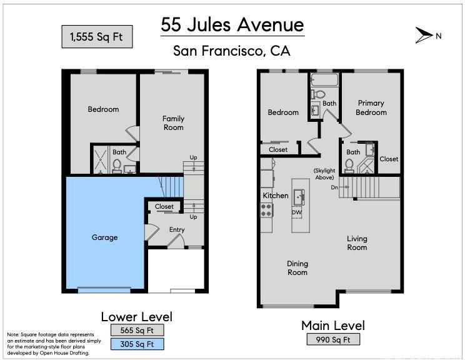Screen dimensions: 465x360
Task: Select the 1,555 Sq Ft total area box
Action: point(97,37)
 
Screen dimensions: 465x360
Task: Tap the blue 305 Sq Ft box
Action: point(137,344)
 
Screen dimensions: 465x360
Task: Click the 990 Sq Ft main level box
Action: point(333,339)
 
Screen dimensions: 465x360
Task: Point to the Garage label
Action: point(104,237)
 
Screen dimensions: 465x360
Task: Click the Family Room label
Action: point(174,123)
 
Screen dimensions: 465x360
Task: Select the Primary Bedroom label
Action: point(371,107)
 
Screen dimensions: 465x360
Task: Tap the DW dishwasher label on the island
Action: point(296,212)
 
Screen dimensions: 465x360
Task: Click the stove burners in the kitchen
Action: point(266,210)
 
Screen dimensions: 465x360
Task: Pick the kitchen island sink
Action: point(299,197)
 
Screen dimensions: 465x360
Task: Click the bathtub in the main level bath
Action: point(324,80)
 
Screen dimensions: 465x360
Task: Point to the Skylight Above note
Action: point(324,174)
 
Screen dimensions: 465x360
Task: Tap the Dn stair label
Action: point(334,187)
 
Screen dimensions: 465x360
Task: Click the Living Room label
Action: point(357,243)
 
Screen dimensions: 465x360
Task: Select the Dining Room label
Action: point(297,267)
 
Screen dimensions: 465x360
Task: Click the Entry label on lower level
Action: point(177,229)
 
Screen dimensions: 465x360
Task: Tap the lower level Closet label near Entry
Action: point(164,206)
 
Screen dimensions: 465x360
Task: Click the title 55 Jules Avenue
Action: point(232,24)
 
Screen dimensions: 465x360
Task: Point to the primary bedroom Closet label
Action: point(389,159)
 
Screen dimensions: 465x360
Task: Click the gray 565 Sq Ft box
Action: point(137,330)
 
